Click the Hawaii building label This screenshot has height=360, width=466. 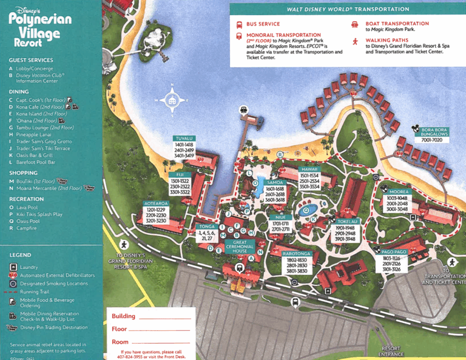(x=309, y=170)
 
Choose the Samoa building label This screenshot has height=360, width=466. (x=275, y=183)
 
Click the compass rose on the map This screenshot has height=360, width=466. (x=172, y=100)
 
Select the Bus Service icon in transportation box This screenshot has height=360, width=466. (x=239, y=24)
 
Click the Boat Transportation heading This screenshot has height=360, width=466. (x=397, y=24)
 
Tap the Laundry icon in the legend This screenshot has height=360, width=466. (x=13, y=267)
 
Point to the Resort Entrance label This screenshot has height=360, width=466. (x=391, y=352)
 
